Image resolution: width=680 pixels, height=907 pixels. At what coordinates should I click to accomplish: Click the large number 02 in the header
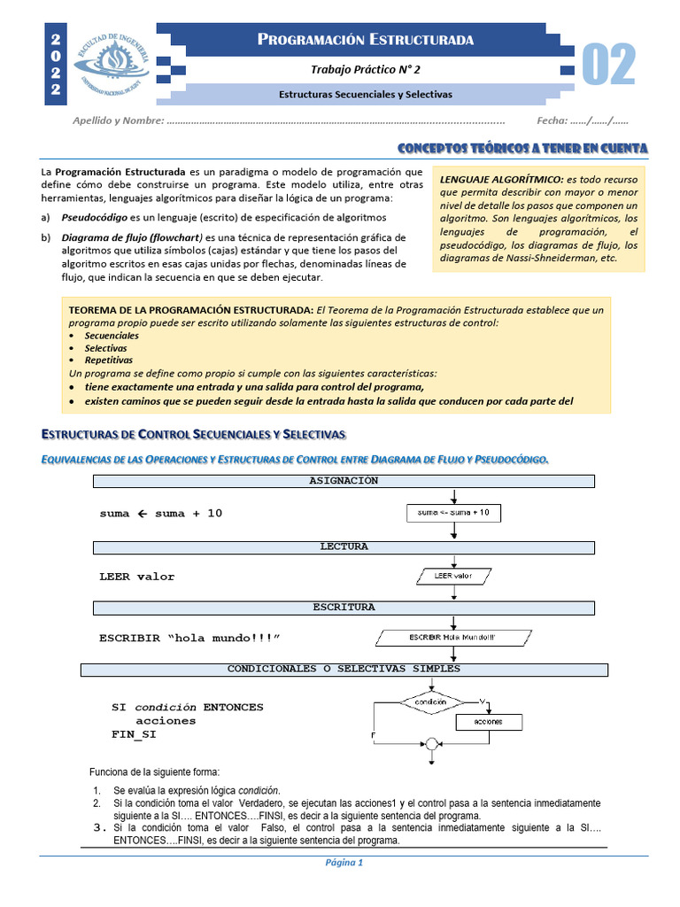[x=609, y=66]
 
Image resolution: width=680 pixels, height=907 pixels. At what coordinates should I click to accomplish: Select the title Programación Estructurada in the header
[x=365, y=40]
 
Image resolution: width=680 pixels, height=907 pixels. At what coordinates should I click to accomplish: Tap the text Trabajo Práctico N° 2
[x=365, y=70]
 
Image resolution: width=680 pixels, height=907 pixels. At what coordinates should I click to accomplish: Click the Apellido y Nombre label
[x=118, y=120]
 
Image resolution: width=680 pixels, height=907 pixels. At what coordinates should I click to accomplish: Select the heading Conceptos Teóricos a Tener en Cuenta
[x=522, y=147]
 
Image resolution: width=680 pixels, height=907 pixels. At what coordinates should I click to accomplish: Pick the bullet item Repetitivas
[x=109, y=360]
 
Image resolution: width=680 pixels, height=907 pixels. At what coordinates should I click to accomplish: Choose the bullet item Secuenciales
[x=112, y=336]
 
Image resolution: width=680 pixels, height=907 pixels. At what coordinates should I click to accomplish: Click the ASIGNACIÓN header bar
[x=344, y=481]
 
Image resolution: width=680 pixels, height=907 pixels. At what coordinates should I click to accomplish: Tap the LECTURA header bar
[x=344, y=547]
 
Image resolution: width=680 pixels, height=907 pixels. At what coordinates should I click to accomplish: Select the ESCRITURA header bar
[x=344, y=608]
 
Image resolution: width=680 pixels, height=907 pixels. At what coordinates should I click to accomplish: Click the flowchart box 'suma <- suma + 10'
[x=453, y=513]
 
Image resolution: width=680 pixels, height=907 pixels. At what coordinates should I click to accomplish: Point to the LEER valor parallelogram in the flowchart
[x=453, y=577]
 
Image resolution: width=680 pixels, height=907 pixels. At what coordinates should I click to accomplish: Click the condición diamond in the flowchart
[x=430, y=702]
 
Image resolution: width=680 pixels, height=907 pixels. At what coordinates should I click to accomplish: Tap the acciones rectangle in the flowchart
[x=488, y=722]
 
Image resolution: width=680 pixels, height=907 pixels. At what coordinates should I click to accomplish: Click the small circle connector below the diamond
[x=431, y=743]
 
